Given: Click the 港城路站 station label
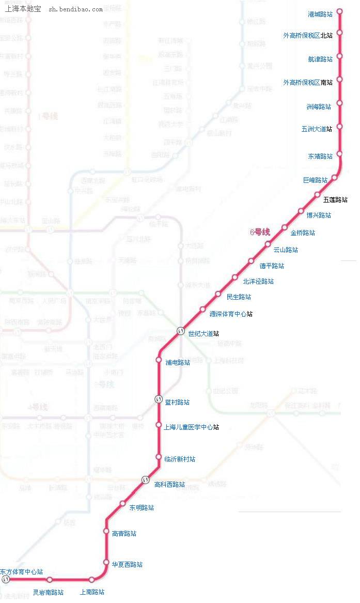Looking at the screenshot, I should (x=320, y=14).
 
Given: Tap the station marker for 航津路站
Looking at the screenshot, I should (x=340, y=56).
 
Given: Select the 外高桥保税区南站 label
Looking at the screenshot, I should (x=308, y=82).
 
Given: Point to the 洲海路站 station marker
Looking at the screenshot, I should (x=340, y=103).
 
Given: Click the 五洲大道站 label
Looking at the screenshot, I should (x=317, y=129).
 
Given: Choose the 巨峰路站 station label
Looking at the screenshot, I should (x=316, y=180).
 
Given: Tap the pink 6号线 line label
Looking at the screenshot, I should (x=260, y=233).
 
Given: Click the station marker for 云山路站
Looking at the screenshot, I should (x=268, y=244).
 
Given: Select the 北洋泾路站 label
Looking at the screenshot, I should (x=258, y=282).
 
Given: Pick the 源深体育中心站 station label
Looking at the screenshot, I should (x=231, y=314).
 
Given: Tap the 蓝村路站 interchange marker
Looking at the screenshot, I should (x=159, y=399).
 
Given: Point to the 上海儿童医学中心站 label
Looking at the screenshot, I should (x=191, y=427).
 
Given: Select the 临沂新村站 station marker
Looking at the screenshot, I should (x=159, y=457).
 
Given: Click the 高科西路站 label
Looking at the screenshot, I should (x=169, y=485).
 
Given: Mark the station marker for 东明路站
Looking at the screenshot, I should (x=123, y=503).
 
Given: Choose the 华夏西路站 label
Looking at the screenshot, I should (x=127, y=565).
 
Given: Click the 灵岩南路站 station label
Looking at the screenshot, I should (x=49, y=593).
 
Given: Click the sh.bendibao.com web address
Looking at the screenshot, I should (x=75, y=10).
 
